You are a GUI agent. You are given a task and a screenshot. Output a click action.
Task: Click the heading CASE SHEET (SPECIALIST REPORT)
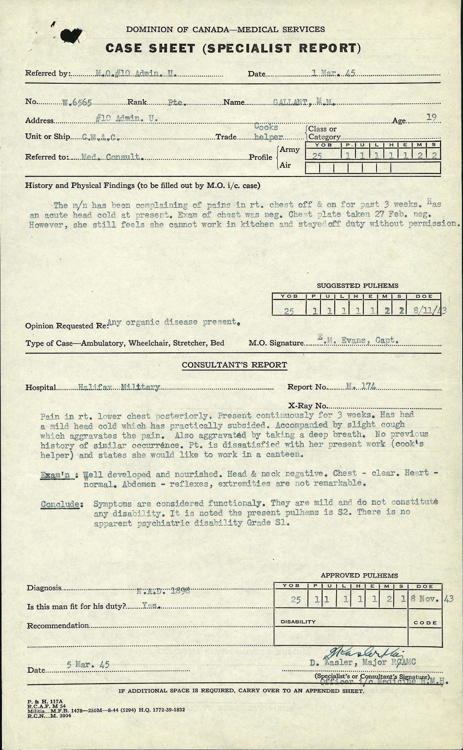[x=233, y=48]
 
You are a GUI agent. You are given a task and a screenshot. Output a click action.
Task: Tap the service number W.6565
[x=77, y=102]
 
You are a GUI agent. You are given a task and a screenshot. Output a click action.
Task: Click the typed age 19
[x=431, y=118]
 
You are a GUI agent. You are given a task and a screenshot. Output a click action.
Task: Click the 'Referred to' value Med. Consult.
[x=113, y=157]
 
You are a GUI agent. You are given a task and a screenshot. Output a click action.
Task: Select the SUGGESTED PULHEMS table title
[x=357, y=286]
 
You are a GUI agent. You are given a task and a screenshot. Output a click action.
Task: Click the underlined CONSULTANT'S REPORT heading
[x=234, y=365]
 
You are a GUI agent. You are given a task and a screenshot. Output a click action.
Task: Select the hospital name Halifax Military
[x=119, y=387]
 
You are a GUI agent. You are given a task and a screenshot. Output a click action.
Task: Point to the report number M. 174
[x=360, y=387]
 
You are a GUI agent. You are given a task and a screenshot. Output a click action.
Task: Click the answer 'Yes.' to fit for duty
[x=149, y=605]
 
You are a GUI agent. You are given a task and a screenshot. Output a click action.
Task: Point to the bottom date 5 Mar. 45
[x=88, y=665]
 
